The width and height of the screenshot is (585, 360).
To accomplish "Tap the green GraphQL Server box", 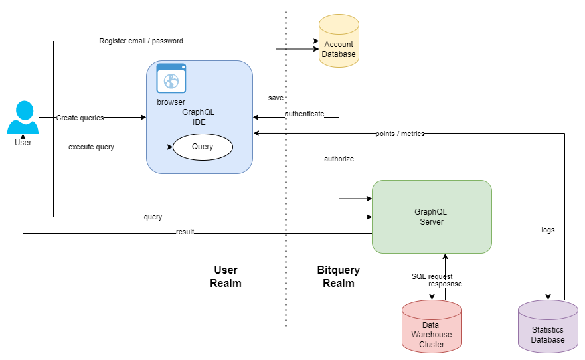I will [x=432, y=217].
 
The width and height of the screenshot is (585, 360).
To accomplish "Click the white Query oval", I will [x=203, y=147].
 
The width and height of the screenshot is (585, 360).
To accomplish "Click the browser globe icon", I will [x=171, y=79].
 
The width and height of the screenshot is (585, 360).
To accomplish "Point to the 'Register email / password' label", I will [x=141, y=41].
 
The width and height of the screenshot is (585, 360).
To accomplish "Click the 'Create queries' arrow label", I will [x=80, y=118].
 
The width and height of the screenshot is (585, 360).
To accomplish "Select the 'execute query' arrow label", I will [x=91, y=147].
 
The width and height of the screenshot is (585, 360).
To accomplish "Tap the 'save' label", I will [x=276, y=98].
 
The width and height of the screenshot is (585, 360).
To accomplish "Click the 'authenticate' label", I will [x=304, y=114].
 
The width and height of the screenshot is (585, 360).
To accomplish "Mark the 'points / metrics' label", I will [x=400, y=134].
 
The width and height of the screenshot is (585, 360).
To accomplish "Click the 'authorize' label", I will [x=339, y=159].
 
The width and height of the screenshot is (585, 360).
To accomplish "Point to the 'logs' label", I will [x=548, y=230].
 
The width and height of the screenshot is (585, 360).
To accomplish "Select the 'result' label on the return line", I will [x=185, y=232].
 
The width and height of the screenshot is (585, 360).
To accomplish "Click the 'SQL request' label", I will [x=432, y=276].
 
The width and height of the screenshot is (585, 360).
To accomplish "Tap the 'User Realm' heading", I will [x=225, y=276].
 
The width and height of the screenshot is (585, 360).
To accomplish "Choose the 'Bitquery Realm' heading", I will [x=338, y=276].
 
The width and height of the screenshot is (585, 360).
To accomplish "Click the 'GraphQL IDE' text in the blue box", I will [x=199, y=118].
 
